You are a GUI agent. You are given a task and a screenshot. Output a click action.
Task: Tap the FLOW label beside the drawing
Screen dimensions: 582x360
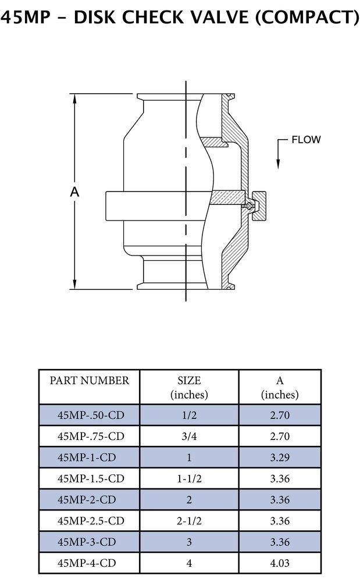pos(306,140)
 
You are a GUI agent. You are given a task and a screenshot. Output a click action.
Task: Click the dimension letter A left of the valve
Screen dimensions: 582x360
pos(74,193)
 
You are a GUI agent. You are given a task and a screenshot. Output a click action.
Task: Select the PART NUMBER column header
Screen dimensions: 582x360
pos(89,381)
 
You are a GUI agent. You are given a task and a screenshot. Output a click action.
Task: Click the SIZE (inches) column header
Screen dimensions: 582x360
pos(189,387)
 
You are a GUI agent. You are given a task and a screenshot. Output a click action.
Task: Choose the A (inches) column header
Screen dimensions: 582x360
pos(280,387)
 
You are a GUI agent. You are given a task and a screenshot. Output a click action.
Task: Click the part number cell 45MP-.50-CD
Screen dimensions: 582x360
pos(91,416)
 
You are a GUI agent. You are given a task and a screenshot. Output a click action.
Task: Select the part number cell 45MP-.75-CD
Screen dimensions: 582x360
pos(91,436)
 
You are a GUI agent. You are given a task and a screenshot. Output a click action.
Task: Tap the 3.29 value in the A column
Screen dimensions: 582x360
pos(280,457)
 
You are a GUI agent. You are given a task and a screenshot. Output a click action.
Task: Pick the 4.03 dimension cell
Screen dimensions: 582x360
pos(280,563)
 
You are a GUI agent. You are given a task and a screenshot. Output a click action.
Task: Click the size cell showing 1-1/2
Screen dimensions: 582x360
pos(189,479)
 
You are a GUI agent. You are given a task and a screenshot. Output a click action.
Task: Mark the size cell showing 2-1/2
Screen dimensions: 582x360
pos(189,521)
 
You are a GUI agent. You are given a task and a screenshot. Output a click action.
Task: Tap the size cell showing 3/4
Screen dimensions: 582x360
pos(189,436)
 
